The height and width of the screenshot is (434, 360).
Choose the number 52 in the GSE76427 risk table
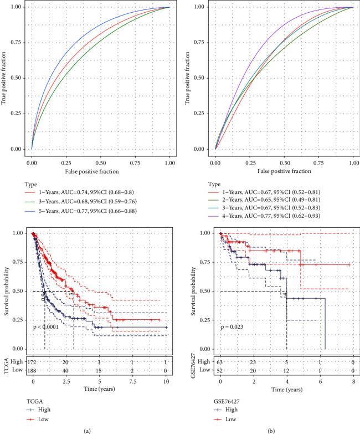pyautogui.click(x=220, y=370)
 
